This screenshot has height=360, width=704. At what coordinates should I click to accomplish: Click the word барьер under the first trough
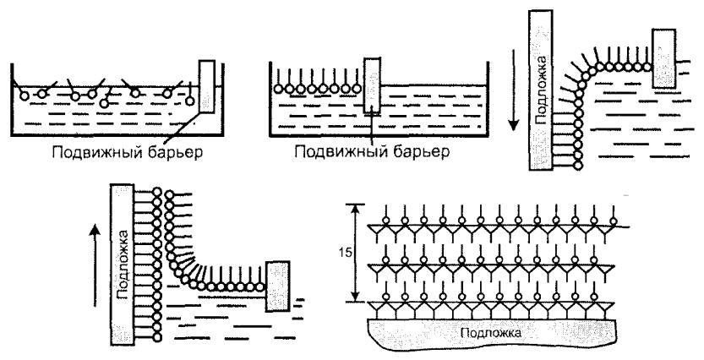click(174, 152)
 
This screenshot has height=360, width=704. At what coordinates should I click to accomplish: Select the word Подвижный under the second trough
click(339, 151)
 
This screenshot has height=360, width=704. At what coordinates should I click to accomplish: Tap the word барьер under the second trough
click(419, 151)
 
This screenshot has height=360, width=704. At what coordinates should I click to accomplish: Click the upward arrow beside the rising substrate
click(94, 265)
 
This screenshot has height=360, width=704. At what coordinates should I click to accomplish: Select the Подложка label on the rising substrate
click(121, 265)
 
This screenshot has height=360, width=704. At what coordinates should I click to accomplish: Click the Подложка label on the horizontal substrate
click(491, 333)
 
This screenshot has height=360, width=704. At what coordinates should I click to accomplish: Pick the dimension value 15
click(346, 252)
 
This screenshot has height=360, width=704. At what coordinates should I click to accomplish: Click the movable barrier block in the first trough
click(206, 85)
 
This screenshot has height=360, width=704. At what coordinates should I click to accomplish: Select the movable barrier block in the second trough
click(372, 85)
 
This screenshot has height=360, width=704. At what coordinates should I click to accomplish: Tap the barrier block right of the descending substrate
click(663, 58)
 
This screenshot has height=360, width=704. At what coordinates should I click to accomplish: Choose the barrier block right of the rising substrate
click(277, 286)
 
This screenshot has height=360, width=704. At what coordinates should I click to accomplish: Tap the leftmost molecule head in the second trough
click(278, 89)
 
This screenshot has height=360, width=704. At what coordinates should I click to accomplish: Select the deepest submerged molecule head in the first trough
click(104, 103)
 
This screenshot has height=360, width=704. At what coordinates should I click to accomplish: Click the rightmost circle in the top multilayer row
click(614, 221)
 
